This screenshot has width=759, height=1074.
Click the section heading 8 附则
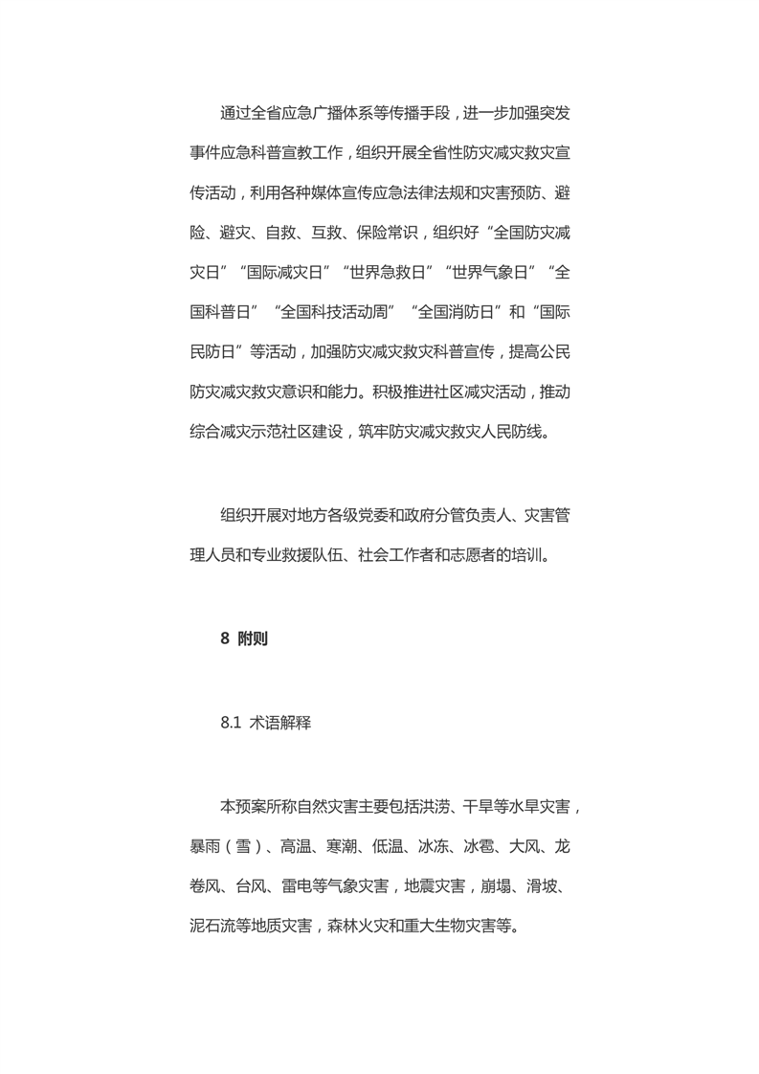pos(244,639)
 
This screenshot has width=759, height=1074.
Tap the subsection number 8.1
pos(230,724)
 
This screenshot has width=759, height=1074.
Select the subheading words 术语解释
pos(280,724)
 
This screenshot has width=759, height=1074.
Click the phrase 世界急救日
pos(388,272)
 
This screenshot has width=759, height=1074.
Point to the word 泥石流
pos(214,927)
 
